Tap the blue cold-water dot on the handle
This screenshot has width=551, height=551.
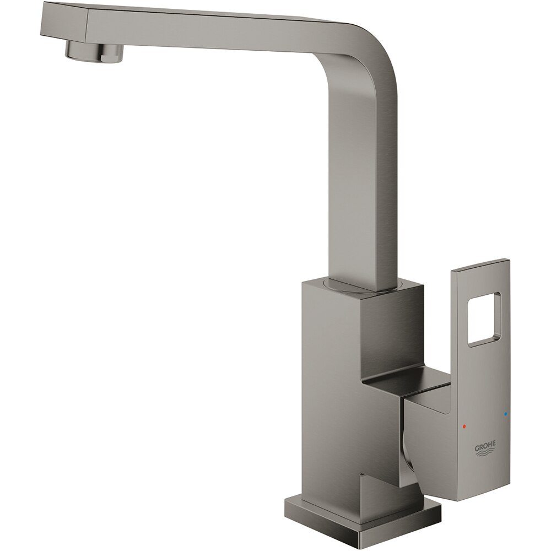(505, 413)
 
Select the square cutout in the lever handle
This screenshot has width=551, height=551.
(484, 320)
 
